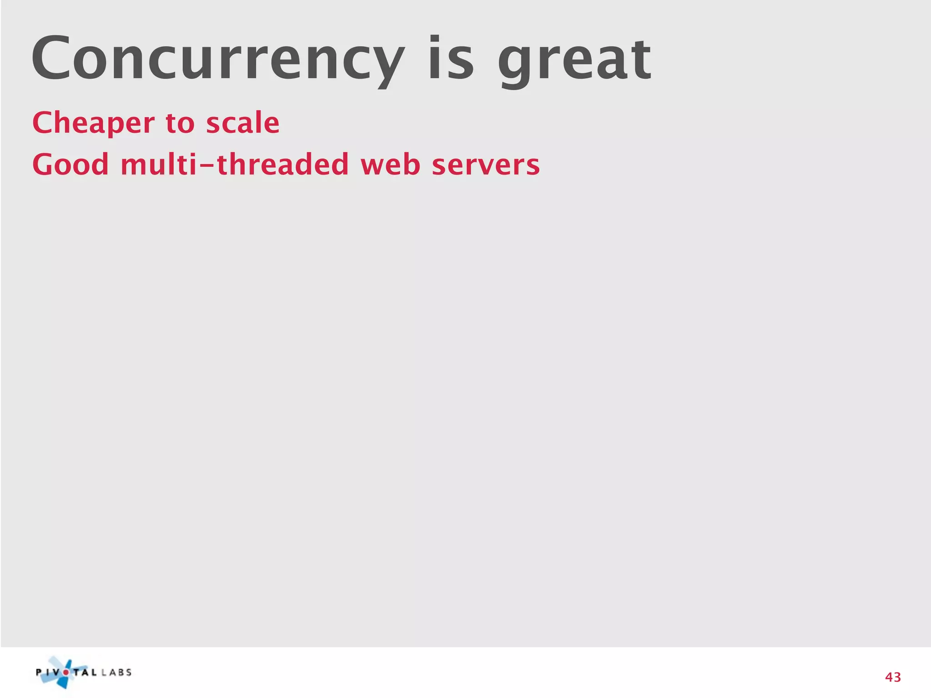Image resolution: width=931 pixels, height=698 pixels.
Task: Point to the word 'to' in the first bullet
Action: pos(180,123)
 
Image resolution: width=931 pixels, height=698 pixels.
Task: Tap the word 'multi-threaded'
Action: pos(235,164)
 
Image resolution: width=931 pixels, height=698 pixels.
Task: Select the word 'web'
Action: pos(390,164)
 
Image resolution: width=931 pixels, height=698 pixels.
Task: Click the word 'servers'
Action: pos(486,164)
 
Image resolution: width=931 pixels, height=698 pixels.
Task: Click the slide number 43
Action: pos(893,678)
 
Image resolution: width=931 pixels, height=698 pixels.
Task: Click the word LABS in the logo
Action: pos(117,672)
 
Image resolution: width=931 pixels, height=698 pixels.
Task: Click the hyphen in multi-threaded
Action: pos(207,165)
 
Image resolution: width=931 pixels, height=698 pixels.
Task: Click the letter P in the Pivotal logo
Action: pos(40,673)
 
